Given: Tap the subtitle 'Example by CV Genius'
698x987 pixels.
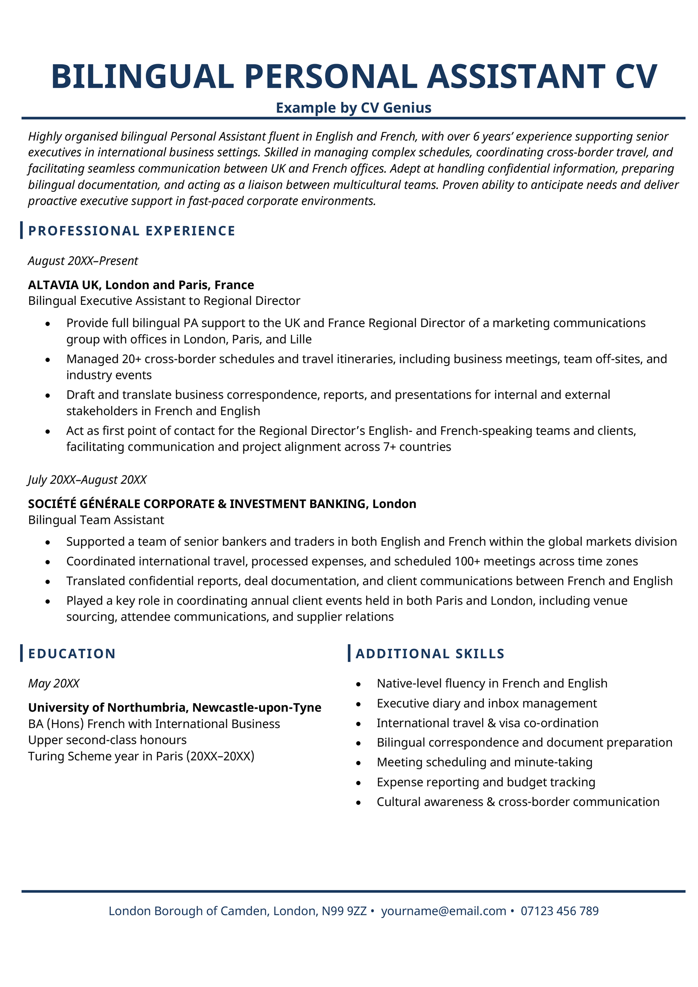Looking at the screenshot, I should (353, 107).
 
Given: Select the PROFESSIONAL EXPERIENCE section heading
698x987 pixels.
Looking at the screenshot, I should (131, 231).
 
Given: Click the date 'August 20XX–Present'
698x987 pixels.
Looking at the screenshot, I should (83, 261).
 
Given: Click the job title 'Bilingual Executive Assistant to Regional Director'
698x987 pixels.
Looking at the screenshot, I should (164, 301).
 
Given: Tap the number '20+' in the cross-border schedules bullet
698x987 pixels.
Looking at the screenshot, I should (131, 359).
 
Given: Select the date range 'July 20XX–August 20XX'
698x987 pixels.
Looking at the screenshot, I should (87, 480).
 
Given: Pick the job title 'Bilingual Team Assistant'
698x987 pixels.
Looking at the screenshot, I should (96, 520).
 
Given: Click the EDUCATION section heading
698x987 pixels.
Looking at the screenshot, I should (72, 654).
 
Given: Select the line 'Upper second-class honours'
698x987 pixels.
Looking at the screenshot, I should (107, 740).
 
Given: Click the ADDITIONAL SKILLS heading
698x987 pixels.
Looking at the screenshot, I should (430, 654).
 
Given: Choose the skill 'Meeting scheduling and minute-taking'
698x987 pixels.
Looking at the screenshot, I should (484, 762).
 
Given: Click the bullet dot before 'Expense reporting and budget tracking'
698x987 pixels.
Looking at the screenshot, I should (359, 783).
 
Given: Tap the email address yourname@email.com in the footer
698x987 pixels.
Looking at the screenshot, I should (443, 911).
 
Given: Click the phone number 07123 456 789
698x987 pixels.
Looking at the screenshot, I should (559, 911).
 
